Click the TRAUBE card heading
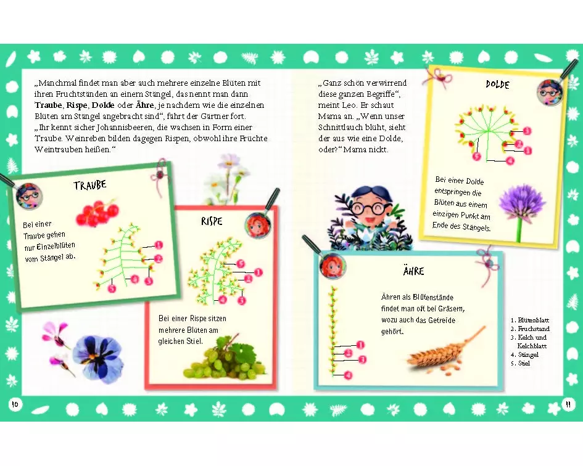(x=90, y=185)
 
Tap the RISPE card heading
(x=212, y=221)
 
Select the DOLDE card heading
(x=497, y=84)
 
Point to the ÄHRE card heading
(x=413, y=271)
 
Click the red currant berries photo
(x=97, y=213)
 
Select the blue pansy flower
(x=97, y=358)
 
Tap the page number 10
(x=15, y=404)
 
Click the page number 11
(x=568, y=404)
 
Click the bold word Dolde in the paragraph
(x=103, y=105)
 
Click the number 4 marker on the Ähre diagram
(x=348, y=375)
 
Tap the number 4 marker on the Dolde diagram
(x=510, y=160)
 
